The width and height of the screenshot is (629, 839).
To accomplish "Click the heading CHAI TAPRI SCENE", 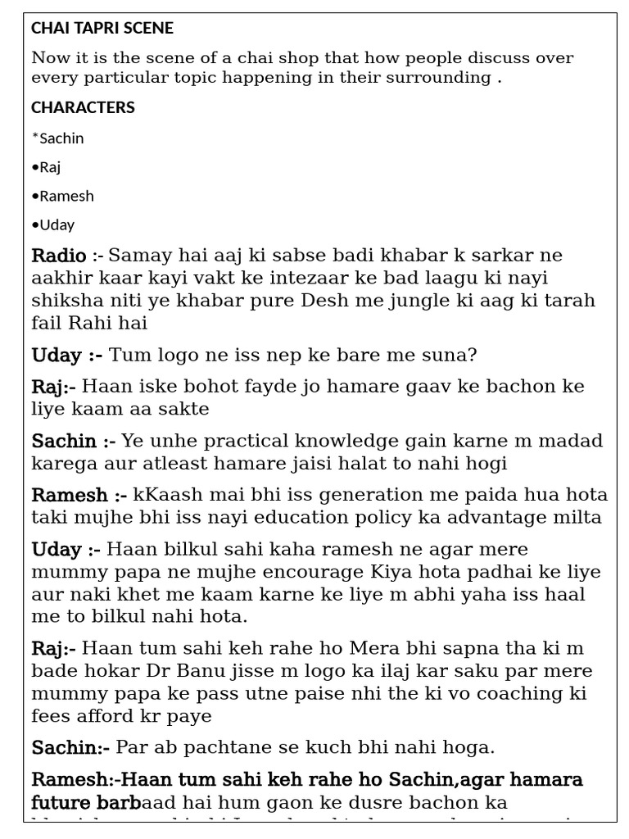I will [102, 29].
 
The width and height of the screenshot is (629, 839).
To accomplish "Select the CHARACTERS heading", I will [83, 107].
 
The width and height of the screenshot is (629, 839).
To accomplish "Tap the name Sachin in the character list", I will [61, 138].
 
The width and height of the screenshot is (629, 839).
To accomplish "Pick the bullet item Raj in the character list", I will [50, 167].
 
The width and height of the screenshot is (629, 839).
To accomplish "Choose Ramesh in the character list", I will [66, 196].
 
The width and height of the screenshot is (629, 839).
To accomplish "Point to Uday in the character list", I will [57, 224].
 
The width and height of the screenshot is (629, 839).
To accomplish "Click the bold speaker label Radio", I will [59, 256].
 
